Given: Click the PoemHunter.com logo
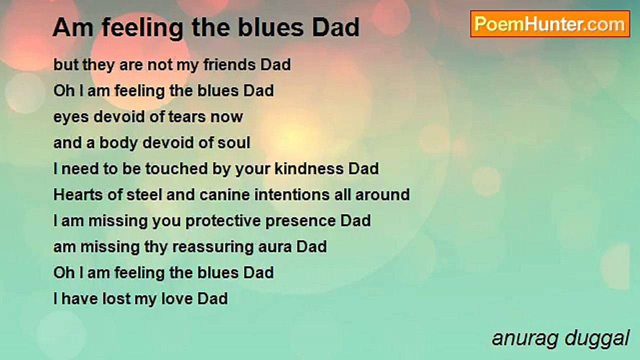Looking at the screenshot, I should click(550, 23).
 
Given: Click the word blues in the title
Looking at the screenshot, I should click(274, 28).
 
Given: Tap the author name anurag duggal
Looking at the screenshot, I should click(560, 338).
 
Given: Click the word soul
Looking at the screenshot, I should click(233, 143).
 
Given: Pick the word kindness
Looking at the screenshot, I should click(309, 169).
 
